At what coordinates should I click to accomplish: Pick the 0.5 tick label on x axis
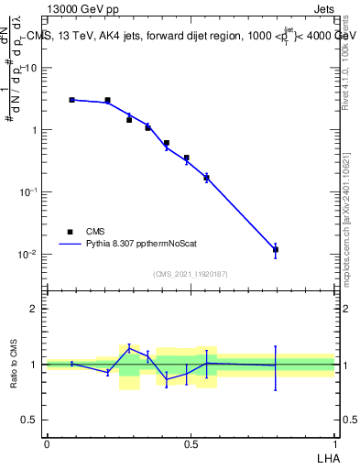[191, 443]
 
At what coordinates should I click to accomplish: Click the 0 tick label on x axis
[47, 443]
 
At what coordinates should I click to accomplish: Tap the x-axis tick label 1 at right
[335, 443]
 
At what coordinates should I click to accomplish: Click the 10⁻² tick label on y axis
[29, 254]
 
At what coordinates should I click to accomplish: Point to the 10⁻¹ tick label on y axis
[29, 191]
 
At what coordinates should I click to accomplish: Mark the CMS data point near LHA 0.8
[276, 249]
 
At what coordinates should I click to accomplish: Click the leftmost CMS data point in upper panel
[72, 100]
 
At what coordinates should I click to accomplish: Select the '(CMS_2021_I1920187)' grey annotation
[191, 274]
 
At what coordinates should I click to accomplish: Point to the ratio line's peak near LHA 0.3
[129, 347]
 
